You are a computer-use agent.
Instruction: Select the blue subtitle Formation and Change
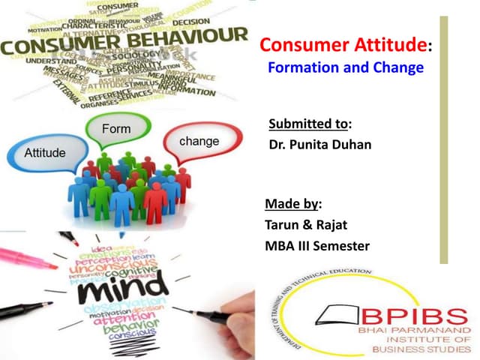coord(346,67)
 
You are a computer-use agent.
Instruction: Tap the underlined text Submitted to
coord(309,124)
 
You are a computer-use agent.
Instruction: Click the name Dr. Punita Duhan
coord(320,144)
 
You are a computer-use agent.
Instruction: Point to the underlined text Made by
coord(292,204)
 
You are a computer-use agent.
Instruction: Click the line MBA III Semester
coord(317,246)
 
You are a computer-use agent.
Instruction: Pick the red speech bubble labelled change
coord(199,141)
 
